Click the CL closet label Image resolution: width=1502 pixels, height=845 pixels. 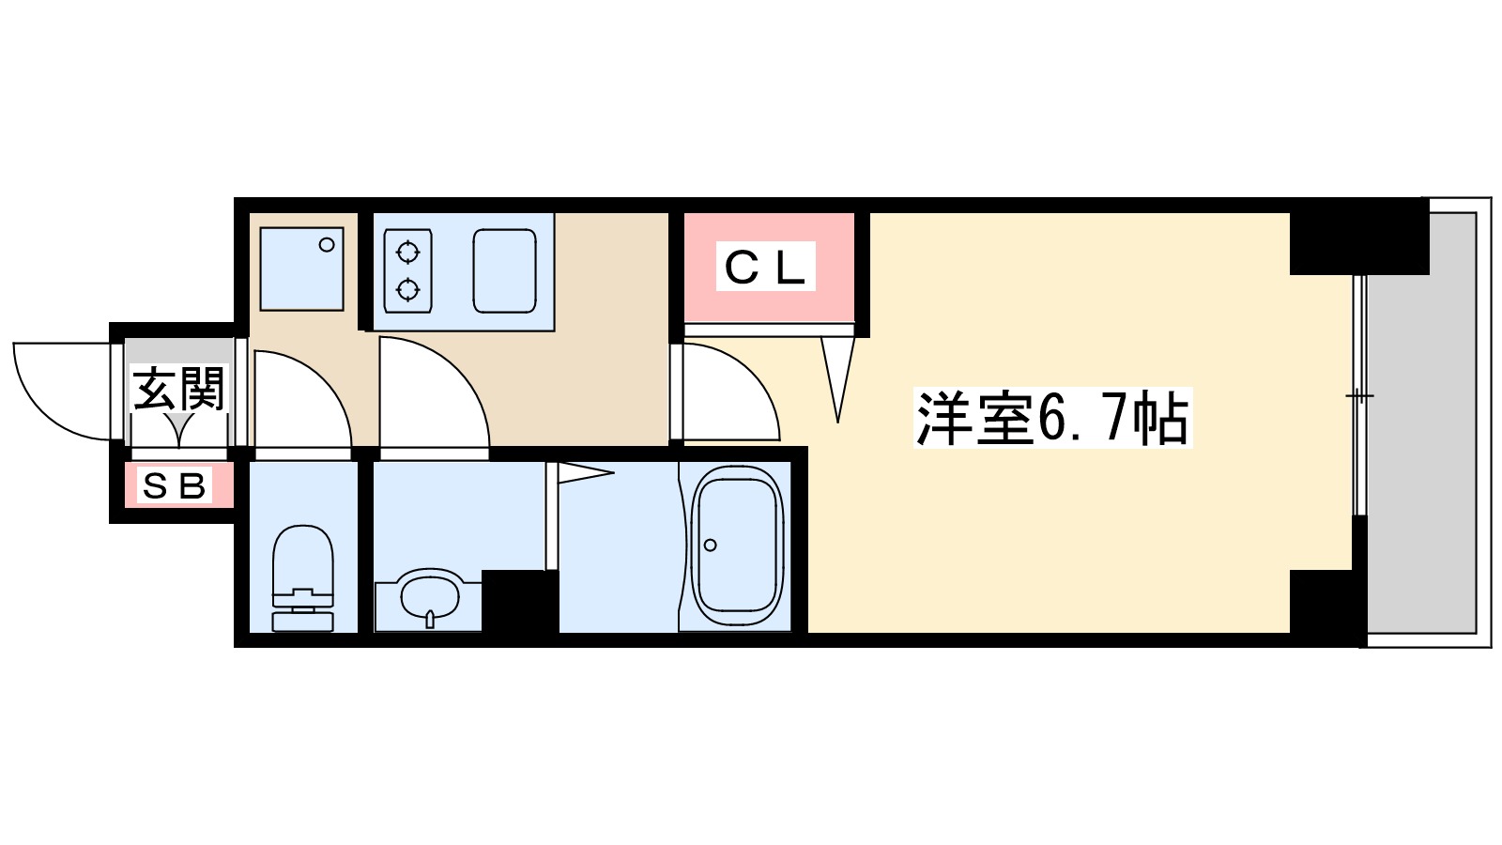(x=765, y=268)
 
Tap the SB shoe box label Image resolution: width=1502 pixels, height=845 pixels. (x=174, y=486)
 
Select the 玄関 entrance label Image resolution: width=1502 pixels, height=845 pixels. (x=178, y=389)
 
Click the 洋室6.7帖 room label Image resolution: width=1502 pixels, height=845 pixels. (x=1051, y=418)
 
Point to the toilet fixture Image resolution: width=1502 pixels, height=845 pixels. (x=302, y=577)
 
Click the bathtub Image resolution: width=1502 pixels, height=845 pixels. (x=737, y=545)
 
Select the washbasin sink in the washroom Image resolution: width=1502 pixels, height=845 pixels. (x=429, y=595)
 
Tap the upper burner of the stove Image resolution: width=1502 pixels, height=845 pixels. (x=407, y=252)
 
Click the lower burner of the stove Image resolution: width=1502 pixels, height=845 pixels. (x=407, y=289)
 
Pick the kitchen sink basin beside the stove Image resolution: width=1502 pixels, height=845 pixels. (x=505, y=270)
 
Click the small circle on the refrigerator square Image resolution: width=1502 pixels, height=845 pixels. (x=327, y=245)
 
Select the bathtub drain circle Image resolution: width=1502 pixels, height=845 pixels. (x=711, y=545)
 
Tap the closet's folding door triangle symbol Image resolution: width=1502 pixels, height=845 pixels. (x=837, y=376)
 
